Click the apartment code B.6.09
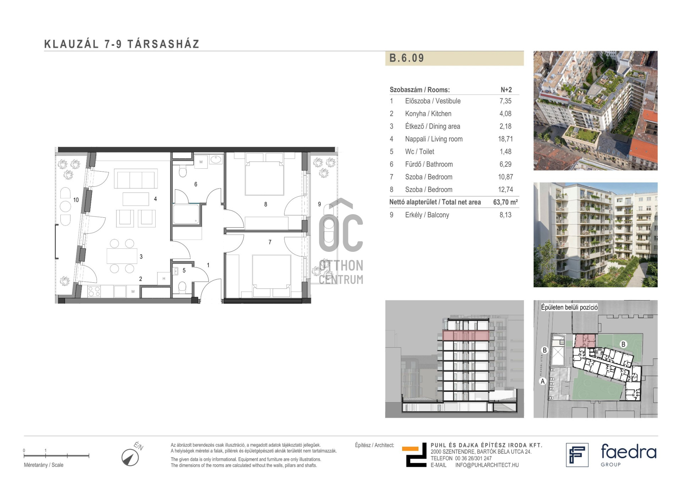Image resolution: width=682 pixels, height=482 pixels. [x=407, y=58]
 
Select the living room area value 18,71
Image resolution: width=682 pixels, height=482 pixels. [x=505, y=139]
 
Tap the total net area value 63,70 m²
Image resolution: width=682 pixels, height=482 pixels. [x=505, y=202]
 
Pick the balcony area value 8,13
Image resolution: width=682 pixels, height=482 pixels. [x=505, y=215]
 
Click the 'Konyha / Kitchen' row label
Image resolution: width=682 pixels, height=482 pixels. [x=428, y=114]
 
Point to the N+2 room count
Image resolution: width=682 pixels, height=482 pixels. [x=506, y=90]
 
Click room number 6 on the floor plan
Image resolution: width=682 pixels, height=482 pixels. [x=196, y=184]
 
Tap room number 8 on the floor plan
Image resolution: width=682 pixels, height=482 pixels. [x=266, y=204]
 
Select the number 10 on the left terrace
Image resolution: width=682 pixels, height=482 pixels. [x=76, y=200]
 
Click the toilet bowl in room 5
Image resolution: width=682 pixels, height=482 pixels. [x=182, y=287]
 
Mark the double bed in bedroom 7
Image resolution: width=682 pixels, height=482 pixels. [x=271, y=276]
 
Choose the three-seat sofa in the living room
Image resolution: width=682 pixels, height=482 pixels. [x=136, y=179]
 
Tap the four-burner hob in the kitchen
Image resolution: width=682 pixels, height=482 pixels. [x=94, y=292]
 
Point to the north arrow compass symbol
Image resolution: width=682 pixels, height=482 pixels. [x=130, y=457]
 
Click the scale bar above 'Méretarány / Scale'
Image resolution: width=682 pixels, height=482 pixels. [x=56, y=455]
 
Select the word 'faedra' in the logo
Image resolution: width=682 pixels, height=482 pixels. [x=628, y=451]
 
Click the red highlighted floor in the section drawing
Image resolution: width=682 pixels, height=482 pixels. [x=466, y=336]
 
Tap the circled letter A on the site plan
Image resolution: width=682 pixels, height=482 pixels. [x=542, y=381]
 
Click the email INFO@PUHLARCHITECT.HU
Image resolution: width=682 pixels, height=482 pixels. [x=487, y=465]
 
